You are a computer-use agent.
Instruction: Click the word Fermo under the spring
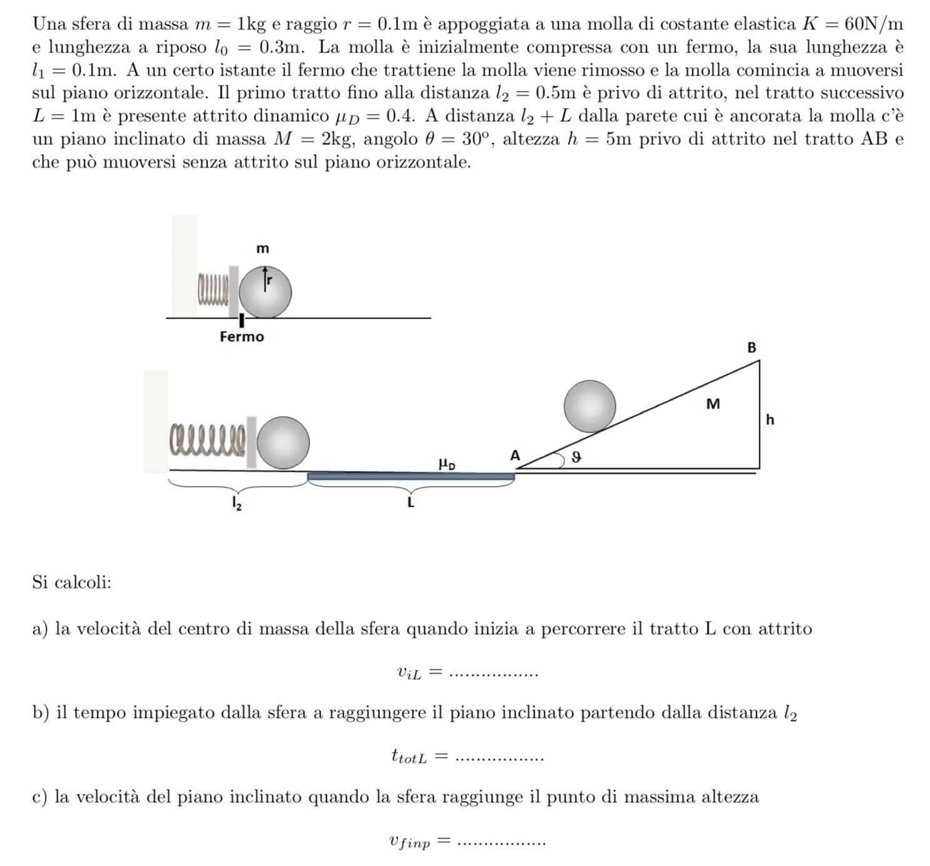(x=241, y=337)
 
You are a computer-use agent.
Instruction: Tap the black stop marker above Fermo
(x=242, y=321)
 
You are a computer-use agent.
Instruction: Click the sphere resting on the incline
(x=589, y=406)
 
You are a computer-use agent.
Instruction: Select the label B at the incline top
(x=752, y=347)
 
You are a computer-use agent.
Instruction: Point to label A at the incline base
(x=515, y=455)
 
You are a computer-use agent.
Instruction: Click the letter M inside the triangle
(x=712, y=404)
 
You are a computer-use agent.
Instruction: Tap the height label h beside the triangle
(x=770, y=420)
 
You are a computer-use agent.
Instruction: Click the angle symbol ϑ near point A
(x=576, y=457)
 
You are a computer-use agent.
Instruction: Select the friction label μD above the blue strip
(x=447, y=464)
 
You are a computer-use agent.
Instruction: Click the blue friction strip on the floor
(x=411, y=477)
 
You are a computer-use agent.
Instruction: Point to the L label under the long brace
(x=411, y=502)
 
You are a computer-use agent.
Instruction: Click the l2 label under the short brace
(x=237, y=503)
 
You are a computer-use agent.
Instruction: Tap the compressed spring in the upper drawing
(x=213, y=291)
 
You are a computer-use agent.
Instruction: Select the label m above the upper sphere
(x=262, y=249)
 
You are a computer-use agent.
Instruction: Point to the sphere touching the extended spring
(x=283, y=442)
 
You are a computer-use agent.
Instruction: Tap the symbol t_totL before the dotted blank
(x=409, y=757)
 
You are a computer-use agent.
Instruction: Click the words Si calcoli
(x=72, y=582)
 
